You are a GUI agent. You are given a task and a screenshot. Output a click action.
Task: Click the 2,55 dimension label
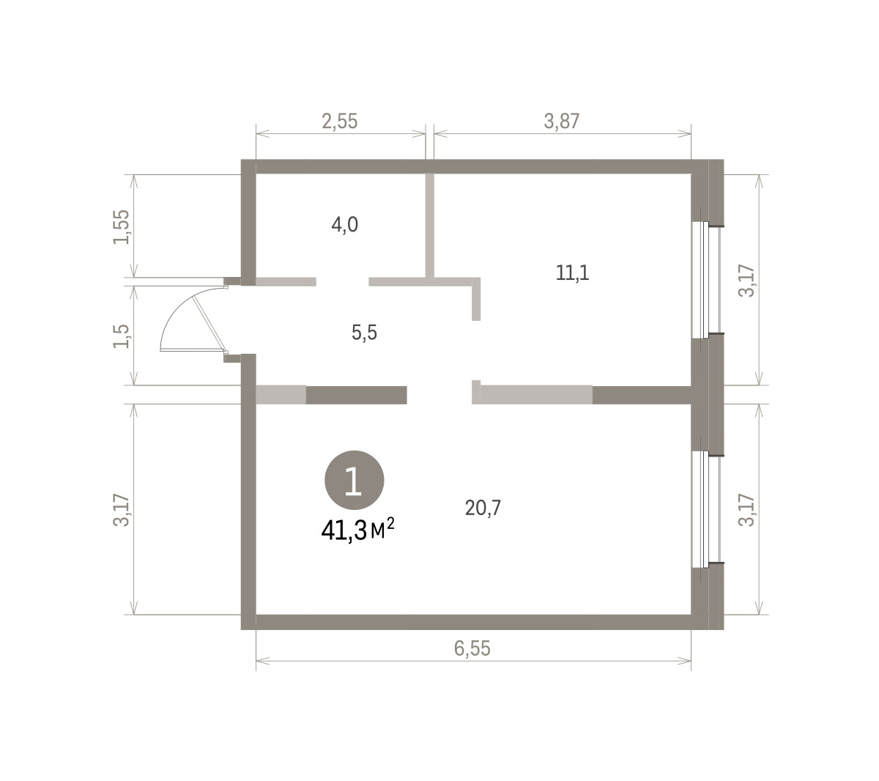pos(339,122)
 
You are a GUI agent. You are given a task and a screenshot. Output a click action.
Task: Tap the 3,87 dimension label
pos(561,122)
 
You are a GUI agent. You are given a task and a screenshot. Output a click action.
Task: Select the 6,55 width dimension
pos(472,648)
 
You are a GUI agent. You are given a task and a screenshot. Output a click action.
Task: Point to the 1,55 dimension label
pos(122,226)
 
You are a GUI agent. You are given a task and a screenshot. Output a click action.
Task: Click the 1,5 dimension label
pos(122,336)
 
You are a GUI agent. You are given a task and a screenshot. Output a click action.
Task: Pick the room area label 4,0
pos(344,225)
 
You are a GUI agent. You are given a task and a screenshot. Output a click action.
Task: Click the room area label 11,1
pos(572,273)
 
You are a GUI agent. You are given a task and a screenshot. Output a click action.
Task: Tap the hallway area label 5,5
pos(364,333)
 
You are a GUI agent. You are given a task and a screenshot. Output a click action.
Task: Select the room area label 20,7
pos(483,507)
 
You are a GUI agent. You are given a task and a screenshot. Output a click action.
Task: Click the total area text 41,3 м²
pos(357,530)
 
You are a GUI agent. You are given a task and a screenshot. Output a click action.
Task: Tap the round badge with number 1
pos(354,480)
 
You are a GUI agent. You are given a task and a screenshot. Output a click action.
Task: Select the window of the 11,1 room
pos(706,280)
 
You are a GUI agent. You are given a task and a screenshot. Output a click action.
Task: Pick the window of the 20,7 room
pos(706,509)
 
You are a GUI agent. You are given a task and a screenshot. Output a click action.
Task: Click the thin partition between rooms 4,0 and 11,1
pos(429,225)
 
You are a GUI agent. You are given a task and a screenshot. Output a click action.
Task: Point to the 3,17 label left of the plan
pos(122,510)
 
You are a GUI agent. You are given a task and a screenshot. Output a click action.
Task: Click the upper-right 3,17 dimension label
pos(746,281)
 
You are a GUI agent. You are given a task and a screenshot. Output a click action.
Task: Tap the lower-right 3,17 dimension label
pos(746,510)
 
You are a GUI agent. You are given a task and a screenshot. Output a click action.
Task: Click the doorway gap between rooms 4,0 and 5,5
pos(342,281)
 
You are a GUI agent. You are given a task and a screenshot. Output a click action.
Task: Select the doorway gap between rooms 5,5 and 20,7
pos(439,395)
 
